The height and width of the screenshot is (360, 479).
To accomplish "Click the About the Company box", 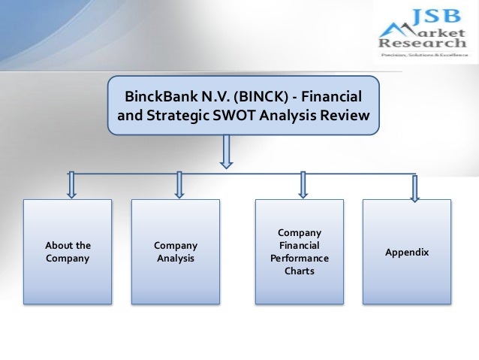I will point(68,251).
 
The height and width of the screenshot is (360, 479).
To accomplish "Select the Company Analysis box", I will point(176,251).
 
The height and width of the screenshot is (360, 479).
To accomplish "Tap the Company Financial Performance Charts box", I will point(300,251).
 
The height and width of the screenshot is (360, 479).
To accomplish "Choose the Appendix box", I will point(407,251).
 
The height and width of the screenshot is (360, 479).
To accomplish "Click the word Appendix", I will point(407,252).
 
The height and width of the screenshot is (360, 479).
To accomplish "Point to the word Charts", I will point(300,271).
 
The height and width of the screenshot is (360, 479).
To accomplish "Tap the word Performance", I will point(300,258).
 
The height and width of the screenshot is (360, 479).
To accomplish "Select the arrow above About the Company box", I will point(71,185).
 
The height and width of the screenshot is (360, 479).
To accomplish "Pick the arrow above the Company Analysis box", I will point(179,185).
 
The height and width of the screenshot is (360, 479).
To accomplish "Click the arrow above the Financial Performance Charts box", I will point(303,185).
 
